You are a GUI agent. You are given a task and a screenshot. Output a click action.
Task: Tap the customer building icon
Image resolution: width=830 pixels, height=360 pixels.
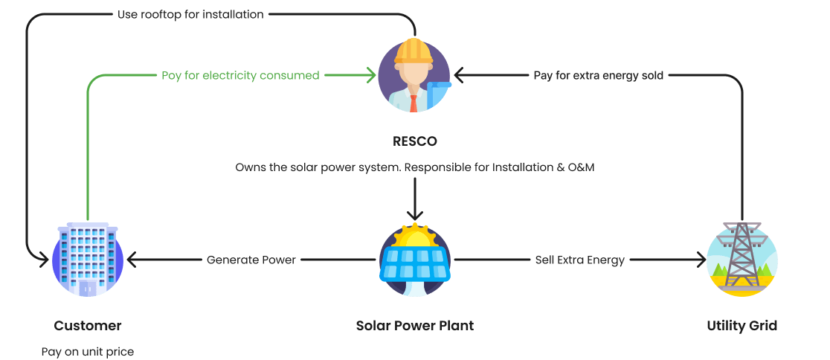[x=88, y=260]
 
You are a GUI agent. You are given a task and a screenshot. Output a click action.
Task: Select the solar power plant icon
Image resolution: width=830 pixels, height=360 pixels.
[x=415, y=260]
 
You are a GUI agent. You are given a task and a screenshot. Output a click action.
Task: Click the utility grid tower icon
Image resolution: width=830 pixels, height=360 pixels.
[x=741, y=260]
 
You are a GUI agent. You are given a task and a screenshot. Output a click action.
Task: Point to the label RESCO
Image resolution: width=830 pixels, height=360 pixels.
[x=415, y=140]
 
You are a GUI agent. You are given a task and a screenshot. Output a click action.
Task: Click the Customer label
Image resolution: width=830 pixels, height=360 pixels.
[x=88, y=326]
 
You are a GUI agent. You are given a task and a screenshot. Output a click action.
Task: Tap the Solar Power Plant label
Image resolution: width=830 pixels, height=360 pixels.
[x=415, y=326]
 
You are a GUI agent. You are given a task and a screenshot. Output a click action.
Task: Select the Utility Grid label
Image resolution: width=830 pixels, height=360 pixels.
[x=741, y=326]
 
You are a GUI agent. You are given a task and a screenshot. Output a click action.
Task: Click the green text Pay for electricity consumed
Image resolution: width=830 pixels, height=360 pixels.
[x=240, y=75]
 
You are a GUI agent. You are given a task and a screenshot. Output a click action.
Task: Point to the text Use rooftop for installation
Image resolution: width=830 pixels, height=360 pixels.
[x=190, y=14]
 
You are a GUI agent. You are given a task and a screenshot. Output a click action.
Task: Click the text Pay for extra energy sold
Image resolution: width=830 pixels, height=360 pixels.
[x=599, y=75]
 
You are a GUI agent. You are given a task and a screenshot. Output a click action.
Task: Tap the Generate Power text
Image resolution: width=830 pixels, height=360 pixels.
[x=251, y=260]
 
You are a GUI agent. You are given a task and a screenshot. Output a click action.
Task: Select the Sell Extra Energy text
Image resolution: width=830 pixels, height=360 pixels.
[x=580, y=260]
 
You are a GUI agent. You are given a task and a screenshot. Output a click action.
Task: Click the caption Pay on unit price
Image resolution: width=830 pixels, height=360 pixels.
[x=88, y=351]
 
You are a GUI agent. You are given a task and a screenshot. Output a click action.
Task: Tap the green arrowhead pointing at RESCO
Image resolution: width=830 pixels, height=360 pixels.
[x=371, y=75]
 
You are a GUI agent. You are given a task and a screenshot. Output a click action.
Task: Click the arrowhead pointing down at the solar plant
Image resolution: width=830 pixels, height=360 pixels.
[x=415, y=215]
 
